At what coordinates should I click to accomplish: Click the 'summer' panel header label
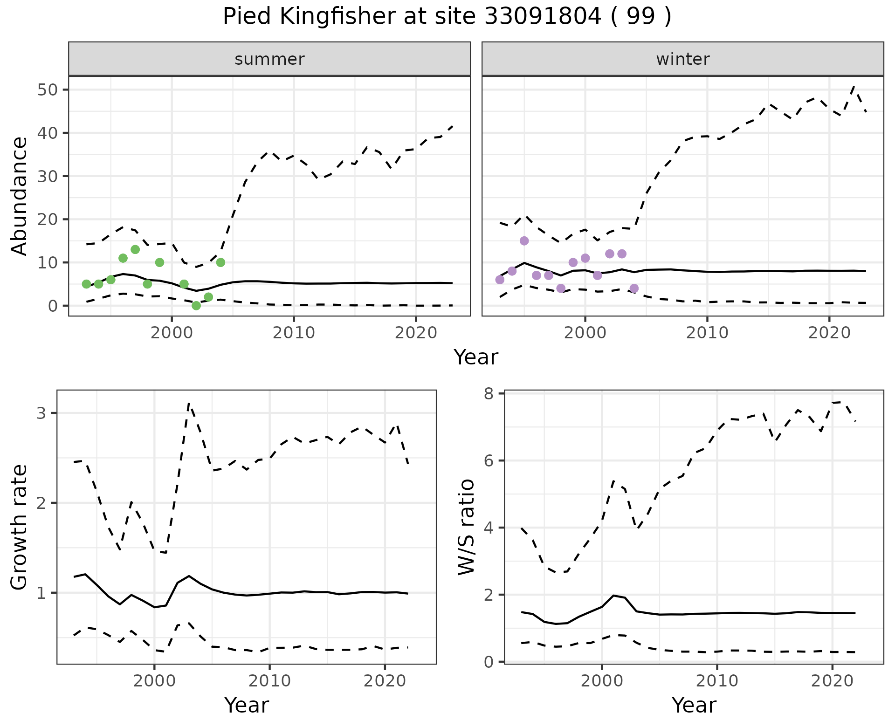[269, 59]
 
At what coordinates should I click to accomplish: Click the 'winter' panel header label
[682, 59]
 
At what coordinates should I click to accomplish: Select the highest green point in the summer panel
[135, 249]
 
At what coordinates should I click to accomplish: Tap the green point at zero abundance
[196, 306]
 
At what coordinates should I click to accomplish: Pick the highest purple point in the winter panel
[524, 241]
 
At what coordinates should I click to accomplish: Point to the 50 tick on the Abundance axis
[46, 89]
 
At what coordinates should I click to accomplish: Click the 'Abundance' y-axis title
[19, 196]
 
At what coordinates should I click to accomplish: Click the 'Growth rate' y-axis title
[19, 528]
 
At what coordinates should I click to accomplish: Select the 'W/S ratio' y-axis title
[466, 527]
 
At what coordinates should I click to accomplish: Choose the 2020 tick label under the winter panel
[829, 333]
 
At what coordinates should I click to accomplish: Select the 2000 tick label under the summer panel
[172, 333]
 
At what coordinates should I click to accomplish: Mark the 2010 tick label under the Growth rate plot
[269, 681]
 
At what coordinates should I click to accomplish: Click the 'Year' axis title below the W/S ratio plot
[694, 706]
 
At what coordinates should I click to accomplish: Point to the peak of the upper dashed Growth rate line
[188, 404]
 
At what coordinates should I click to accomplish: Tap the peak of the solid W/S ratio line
[613, 596]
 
